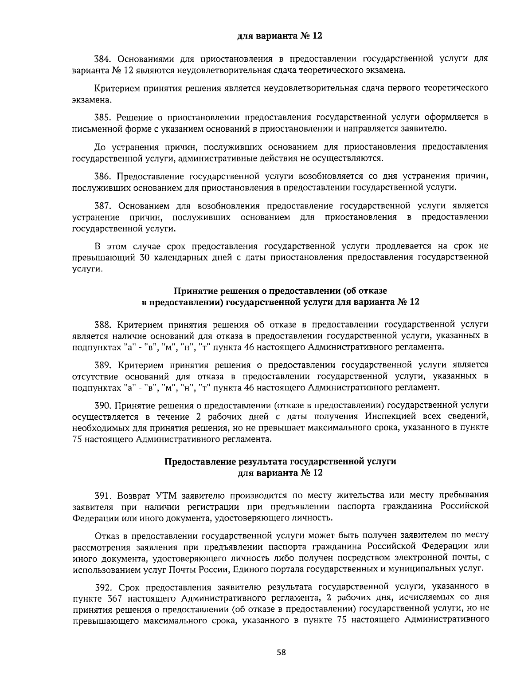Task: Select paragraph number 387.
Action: pos(103,206)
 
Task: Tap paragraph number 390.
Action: pos(103,405)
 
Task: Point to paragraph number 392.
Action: pos(103,588)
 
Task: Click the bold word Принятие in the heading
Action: pos(192,291)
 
